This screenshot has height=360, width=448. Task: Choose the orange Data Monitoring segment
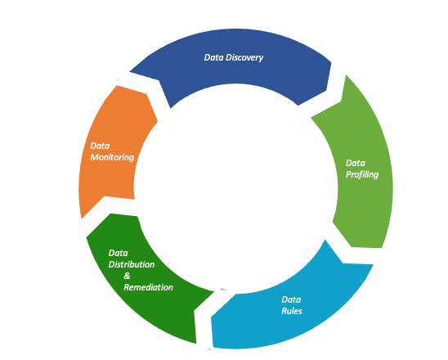106,176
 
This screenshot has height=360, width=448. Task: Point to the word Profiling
362,174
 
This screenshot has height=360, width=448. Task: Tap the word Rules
293,311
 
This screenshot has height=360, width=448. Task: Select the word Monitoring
112,157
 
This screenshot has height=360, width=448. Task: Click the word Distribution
131,264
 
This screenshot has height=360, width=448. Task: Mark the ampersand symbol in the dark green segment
128,276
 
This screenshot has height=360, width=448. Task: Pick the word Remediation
148,287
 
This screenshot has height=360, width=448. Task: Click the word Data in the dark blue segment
213,57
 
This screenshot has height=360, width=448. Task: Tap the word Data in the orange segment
100,146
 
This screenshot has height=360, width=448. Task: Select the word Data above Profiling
356,162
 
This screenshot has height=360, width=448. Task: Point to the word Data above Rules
291,299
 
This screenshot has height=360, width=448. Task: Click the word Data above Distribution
119,253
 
